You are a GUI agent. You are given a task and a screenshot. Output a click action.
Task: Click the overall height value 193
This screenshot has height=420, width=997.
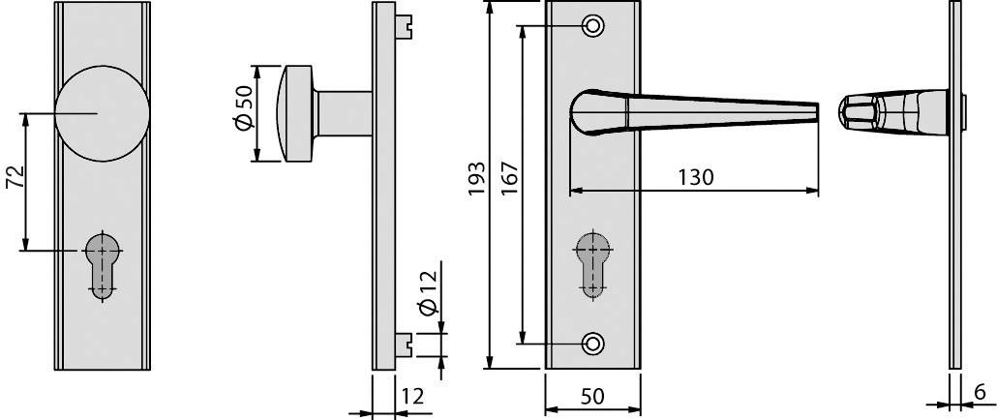(x=475, y=180)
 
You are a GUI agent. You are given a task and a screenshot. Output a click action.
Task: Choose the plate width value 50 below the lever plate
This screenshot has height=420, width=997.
(x=592, y=396)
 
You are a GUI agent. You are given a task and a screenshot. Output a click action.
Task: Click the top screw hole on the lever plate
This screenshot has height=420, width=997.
(x=592, y=25)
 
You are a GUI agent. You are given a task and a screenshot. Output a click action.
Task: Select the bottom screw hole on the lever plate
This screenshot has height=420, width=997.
(x=592, y=343)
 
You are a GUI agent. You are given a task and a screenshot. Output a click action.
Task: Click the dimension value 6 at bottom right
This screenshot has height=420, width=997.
(x=979, y=393)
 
